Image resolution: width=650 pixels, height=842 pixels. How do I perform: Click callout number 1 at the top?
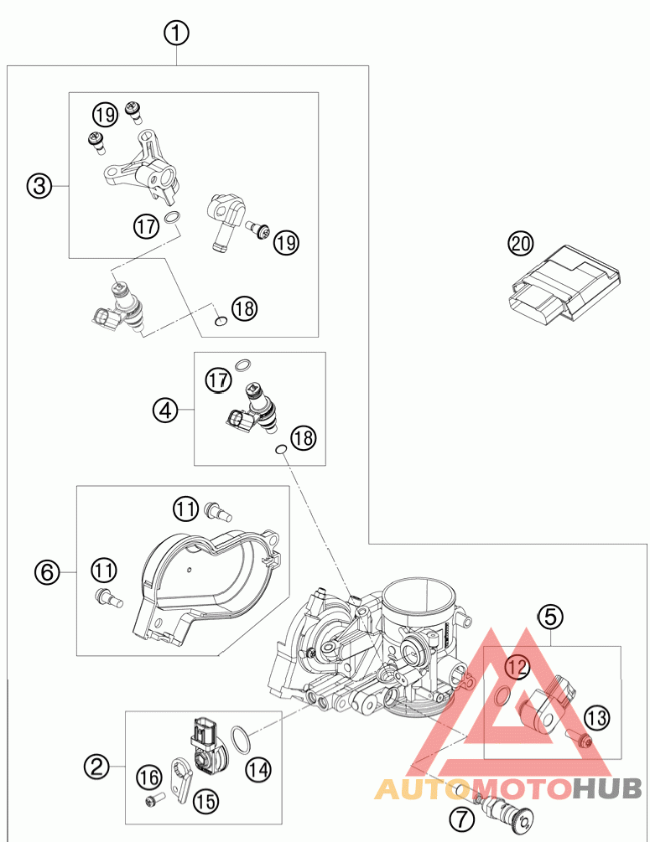click(176, 34)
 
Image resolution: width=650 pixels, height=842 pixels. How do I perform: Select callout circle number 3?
click(39, 186)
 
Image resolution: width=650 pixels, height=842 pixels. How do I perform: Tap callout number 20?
click(521, 245)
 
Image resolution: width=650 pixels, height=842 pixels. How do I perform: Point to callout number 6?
click(48, 573)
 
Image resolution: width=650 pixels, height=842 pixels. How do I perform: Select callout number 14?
click(258, 766)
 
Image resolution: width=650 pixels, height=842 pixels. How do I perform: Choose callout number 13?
click(596, 717)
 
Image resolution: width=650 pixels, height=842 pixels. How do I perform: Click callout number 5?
click(549, 618)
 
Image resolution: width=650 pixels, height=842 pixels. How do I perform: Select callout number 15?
click(205, 800)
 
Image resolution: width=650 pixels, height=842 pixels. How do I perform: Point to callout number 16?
click(150, 778)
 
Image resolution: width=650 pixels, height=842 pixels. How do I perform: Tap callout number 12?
click(518, 667)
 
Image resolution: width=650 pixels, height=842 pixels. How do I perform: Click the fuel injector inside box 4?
click(254, 406)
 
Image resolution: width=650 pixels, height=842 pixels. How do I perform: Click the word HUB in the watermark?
click(607, 788)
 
